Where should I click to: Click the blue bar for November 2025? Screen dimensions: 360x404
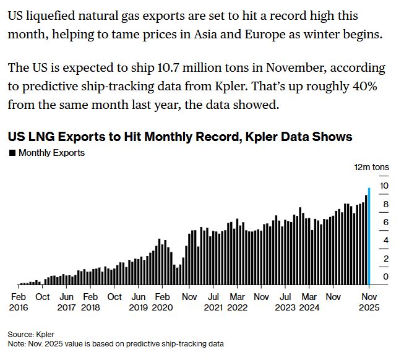[369, 236]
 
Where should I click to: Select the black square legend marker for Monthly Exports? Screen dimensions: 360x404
[12, 152]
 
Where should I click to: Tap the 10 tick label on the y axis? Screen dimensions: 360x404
[384, 186]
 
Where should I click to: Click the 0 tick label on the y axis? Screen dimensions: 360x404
[385, 276]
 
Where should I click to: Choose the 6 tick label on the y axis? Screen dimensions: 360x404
[385, 222]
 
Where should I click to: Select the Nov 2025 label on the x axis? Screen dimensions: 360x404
[369, 301]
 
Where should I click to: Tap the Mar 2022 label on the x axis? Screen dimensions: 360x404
[237, 301]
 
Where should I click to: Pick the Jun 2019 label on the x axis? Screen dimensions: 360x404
[139, 301]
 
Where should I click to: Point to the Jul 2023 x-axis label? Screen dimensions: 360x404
[285, 301]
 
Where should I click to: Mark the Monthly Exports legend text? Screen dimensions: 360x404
[51, 152]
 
